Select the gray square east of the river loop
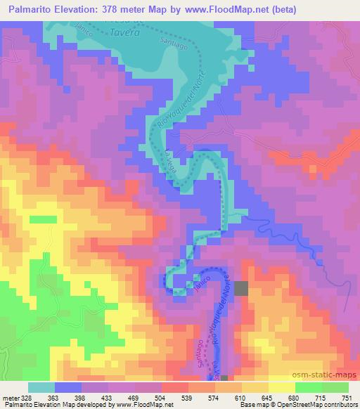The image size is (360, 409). coord(241,288)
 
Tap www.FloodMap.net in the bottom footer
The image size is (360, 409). coord(143,405)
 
